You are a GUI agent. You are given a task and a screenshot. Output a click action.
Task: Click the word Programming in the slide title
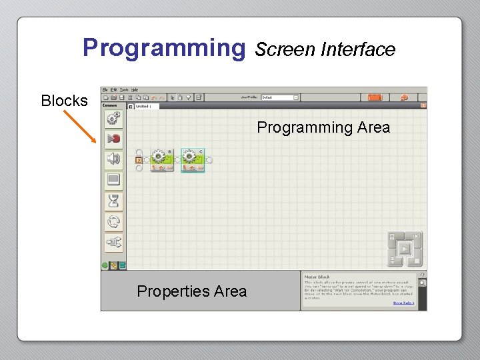pyautogui.click(x=164, y=48)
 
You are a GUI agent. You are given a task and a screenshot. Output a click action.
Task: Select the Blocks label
pyautogui.click(x=64, y=101)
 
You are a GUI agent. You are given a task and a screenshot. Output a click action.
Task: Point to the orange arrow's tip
pyautogui.click(x=97, y=142)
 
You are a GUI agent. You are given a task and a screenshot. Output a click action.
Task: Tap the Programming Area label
pyautogui.click(x=323, y=127)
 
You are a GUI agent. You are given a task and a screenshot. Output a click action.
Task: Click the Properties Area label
pyautogui.click(x=191, y=291)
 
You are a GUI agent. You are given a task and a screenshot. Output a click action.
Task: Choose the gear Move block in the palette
pyautogui.click(x=113, y=119)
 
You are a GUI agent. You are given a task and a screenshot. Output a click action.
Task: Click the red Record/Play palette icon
pyautogui.click(x=113, y=139)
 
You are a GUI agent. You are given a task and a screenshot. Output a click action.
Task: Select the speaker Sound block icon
pyautogui.click(x=113, y=159)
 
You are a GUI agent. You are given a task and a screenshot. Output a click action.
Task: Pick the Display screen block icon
pyautogui.click(x=113, y=179)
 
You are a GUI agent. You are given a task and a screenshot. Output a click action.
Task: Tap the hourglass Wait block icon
pyautogui.click(x=113, y=200)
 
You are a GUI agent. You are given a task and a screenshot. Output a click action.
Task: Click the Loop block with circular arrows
pyautogui.click(x=113, y=221)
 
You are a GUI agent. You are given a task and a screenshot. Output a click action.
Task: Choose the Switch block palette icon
pyautogui.click(x=113, y=242)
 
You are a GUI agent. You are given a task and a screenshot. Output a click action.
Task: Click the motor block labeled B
pyautogui.click(x=161, y=160)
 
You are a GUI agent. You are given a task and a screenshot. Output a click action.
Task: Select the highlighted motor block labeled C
pyautogui.click(x=193, y=160)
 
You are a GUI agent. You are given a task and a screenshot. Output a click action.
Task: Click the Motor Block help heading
pyautogui.click(x=317, y=277)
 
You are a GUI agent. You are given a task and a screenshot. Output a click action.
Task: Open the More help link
pyautogui.click(x=403, y=303)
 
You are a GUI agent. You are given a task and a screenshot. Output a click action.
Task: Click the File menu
pyautogui.click(x=105, y=89)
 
